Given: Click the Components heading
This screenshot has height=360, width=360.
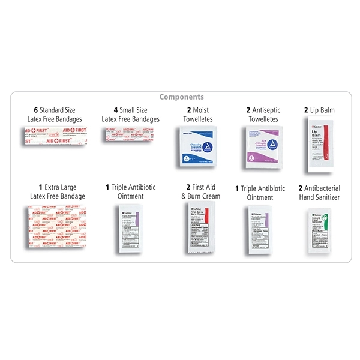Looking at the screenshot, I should [x=181, y=97].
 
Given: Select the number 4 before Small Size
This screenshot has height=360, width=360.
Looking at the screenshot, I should [x=115, y=110].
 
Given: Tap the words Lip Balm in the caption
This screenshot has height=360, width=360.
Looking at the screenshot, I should [x=323, y=110].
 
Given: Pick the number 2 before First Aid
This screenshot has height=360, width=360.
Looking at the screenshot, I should [x=188, y=187].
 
